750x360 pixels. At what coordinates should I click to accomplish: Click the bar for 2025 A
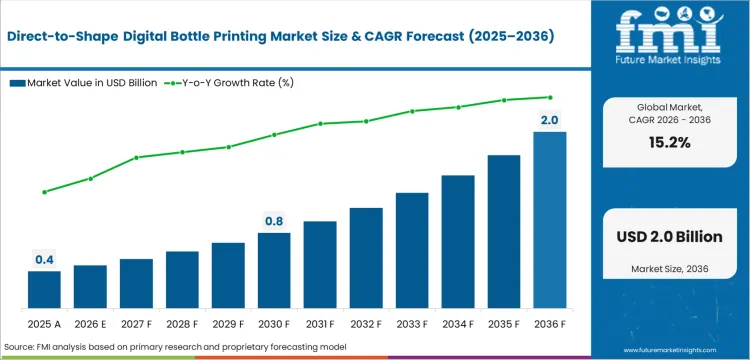[x=44, y=288]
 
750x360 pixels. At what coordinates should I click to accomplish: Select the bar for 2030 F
[x=274, y=269]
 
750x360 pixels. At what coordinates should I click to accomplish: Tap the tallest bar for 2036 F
[x=549, y=219]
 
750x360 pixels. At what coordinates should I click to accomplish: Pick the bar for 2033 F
[x=412, y=249]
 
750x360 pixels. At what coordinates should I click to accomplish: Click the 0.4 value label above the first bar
[x=44, y=260]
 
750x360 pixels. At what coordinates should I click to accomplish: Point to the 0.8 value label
[x=274, y=221]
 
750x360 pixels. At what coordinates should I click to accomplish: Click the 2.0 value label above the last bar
[x=549, y=120]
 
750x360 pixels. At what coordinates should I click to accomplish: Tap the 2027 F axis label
[x=136, y=324]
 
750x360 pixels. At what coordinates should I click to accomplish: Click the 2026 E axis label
[x=90, y=324]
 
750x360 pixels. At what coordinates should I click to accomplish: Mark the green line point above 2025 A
[x=44, y=192]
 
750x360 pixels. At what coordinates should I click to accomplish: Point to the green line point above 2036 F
[x=549, y=97]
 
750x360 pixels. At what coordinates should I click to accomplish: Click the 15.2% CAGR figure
[x=671, y=142]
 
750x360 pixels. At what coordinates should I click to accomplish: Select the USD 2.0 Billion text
[x=671, y=237]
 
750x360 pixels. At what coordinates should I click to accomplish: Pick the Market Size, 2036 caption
[x=671, y=269]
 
